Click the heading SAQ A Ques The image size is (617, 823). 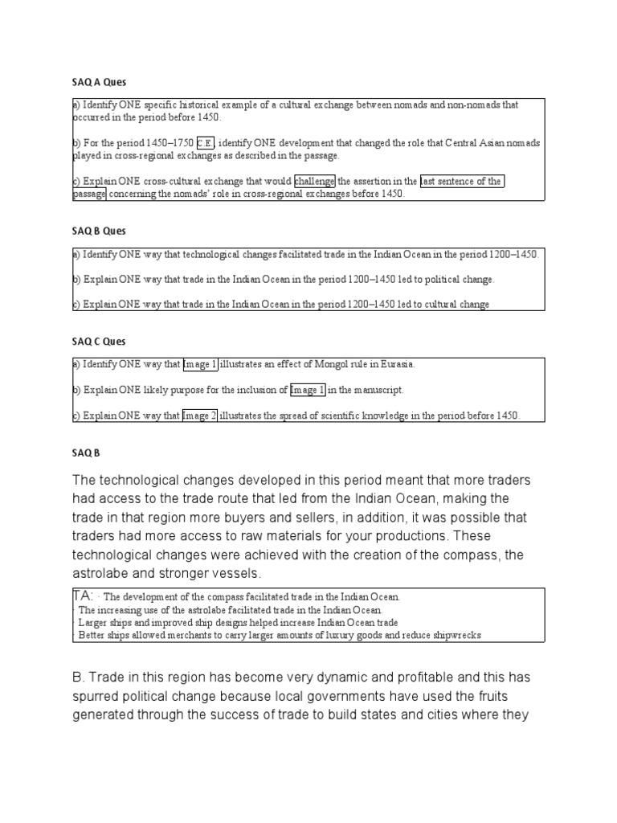tap(100, 82)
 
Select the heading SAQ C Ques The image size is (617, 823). tap(99, 342)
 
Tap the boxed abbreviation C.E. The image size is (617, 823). tap(206, 143)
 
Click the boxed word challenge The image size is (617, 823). tap(315, 182)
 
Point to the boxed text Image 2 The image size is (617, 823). tap(199, 416)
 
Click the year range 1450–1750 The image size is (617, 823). tap(169, 143)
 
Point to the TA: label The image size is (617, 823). tap(85, 596)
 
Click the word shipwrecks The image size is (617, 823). tap(455, 636)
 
